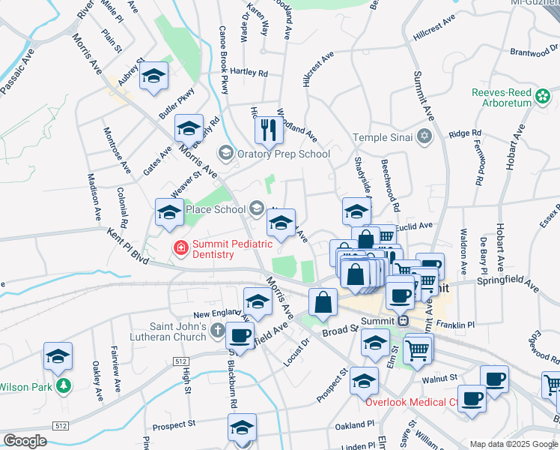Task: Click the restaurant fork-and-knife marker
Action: (268, 130)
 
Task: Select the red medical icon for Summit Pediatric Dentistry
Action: (180, 247)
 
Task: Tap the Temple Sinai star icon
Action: (425, 136)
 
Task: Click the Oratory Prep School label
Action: (283, 154)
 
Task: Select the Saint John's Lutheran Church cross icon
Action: (218, 330)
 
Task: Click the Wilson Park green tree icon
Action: (64, 386)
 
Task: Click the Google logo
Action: (25, 440)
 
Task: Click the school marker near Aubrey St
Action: (154, 76)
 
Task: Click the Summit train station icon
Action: (404, 321)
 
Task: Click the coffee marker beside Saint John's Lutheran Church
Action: (240, 334)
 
